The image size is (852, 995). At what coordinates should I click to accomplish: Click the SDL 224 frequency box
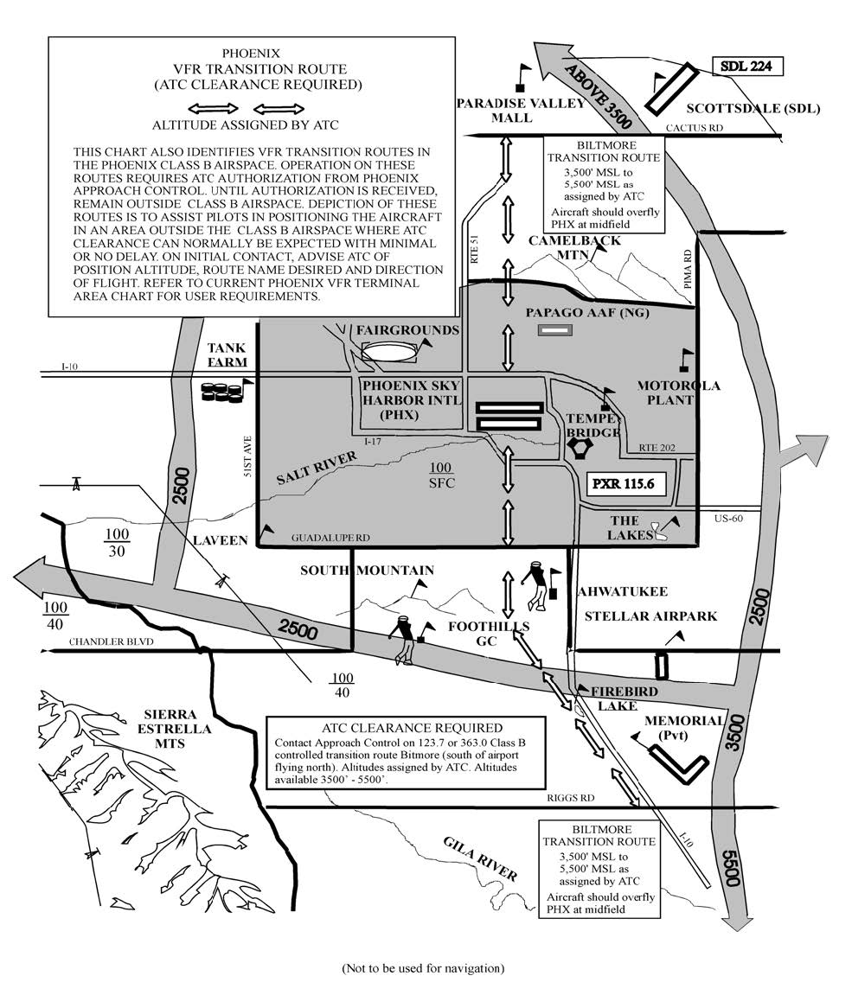(x=747, y=67)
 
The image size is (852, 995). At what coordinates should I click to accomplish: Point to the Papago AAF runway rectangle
(x=554, y=329)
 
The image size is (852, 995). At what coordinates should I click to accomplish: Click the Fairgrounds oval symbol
(x=388, y=352)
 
